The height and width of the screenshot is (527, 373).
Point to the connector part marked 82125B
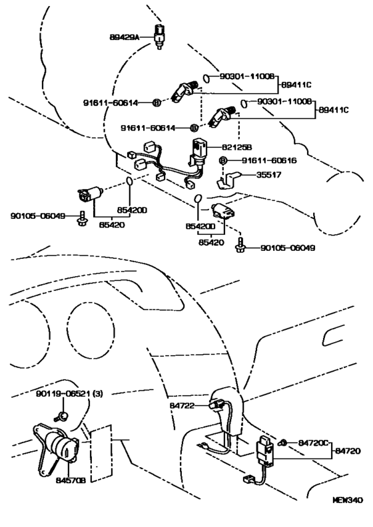pos(198,149)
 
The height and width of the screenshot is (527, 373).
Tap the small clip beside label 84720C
pos(284,441)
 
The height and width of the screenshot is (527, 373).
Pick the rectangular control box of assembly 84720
pos(266,447)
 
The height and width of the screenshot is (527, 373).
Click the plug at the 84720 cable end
pos(247,480)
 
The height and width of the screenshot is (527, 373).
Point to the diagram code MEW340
pos(348,516)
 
